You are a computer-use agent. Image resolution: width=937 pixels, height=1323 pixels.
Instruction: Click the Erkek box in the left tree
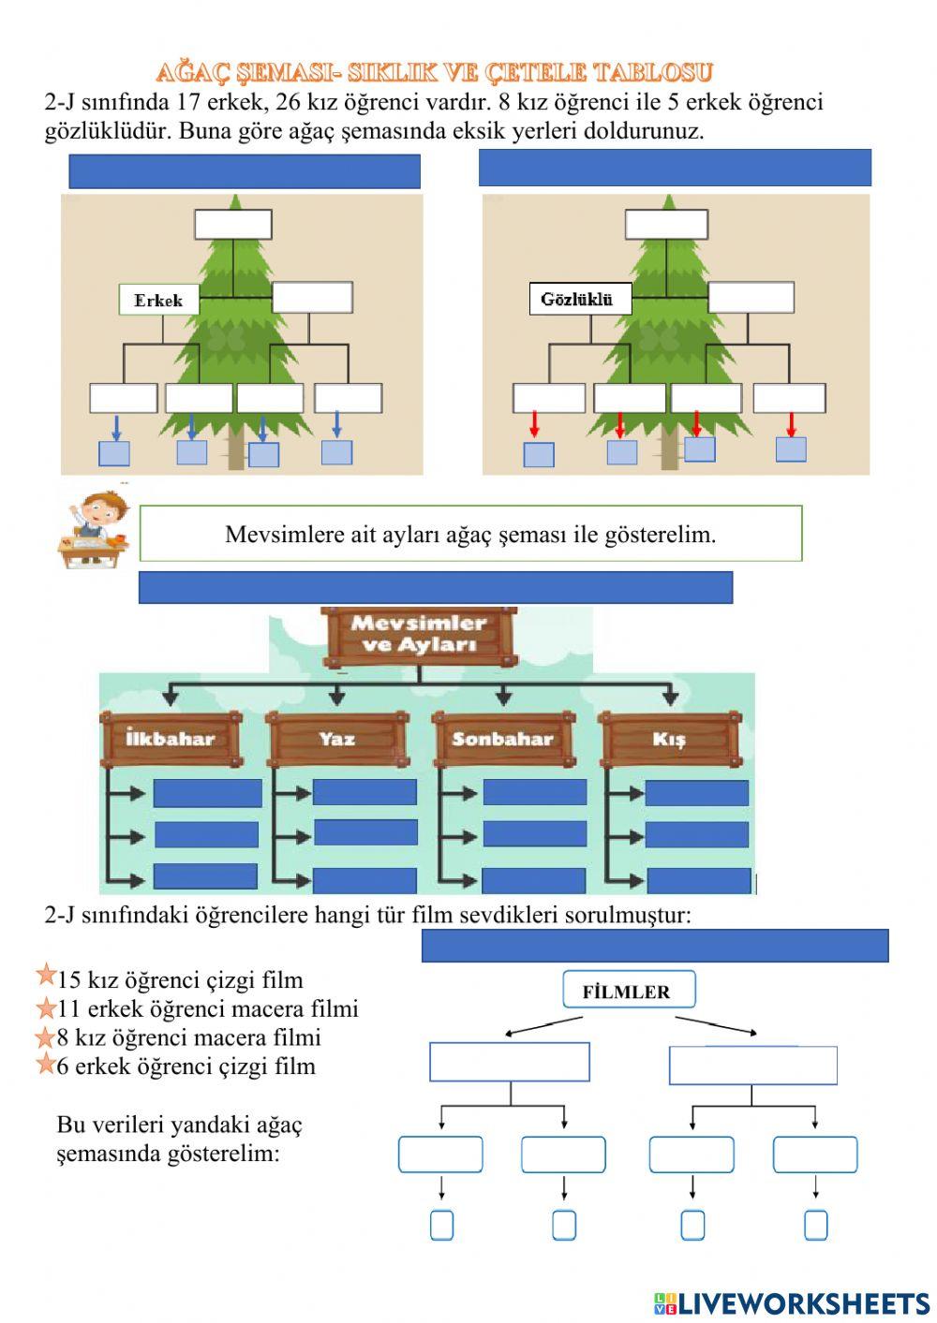pos(159,300)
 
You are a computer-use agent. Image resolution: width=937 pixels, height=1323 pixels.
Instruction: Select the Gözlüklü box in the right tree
pos(580,299)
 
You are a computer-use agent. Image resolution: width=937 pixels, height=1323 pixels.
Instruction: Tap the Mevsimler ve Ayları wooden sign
pos(419,637)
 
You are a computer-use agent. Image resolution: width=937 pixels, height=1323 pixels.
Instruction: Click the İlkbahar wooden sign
pos(171,739)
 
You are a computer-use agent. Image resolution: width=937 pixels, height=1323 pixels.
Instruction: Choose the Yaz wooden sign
pos(337,739)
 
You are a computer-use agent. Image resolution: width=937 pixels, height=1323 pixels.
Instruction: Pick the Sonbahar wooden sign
pos(504,739)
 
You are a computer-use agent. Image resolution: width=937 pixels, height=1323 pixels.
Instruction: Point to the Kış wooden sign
pos(670,739)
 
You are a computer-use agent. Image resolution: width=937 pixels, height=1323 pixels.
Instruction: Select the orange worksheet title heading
pos(435,73)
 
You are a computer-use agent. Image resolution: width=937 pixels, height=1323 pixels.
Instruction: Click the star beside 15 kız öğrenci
pos(46,975)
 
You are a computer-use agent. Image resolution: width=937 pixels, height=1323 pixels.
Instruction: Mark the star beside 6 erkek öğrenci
pos(46,1063)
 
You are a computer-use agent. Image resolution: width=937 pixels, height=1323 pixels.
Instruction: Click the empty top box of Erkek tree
pos(233,225)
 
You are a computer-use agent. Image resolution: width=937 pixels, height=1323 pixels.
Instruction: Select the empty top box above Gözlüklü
pos(666,225)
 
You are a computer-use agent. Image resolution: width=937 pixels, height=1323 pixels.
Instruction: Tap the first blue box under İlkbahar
pos(207,793)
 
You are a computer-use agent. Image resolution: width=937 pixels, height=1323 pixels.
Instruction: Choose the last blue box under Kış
pos(699,881)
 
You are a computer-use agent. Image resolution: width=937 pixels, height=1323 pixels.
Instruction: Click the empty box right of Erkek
pos(312,298)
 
